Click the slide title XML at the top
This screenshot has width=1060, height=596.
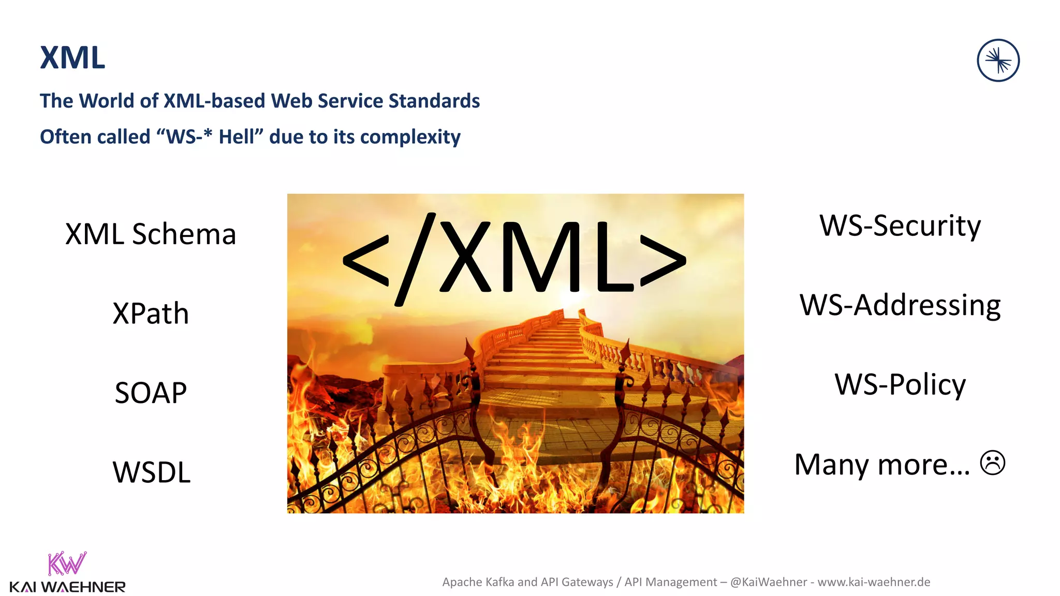click(72, 57)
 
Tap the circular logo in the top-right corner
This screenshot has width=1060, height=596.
click(998, 61)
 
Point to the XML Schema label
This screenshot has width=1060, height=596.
click(151, 234)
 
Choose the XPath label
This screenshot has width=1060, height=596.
click(151, 314)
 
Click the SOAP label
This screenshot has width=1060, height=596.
click(151, 393)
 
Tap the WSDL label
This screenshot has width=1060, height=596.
click(152, 472)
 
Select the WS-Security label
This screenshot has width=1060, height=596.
click(900, 226)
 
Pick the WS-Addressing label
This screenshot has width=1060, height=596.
click(900, 305)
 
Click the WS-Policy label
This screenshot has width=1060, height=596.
click(900, 384)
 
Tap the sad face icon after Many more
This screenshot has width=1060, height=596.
click(993, 463)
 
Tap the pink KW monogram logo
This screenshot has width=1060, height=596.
click(67, 563)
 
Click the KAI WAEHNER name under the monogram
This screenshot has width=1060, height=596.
click(67, 587)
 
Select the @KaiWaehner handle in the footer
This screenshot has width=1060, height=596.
click(769, 582)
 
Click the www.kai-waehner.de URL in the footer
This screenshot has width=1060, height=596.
click(874, 582)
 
